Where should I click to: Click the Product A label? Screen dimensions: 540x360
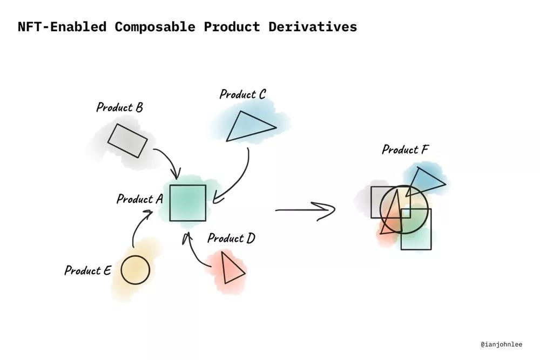tap(139, 199)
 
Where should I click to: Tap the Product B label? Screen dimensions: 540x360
tap(119, 107)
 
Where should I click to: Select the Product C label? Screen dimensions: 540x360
tap(243, 94)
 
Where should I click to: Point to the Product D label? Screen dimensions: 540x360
tap(231, 238)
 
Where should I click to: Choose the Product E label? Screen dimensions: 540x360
tap(88, 270)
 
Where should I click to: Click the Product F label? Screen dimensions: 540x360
tap(406, 150)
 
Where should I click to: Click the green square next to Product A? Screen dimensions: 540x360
tap(188, 203)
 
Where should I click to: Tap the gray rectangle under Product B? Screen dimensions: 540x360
tap(127, 141)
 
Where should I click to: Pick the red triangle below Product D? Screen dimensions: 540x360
tap(232, 268)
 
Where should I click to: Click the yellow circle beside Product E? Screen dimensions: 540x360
tap(136, 270)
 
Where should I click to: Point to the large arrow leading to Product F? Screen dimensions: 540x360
tap(305, 209)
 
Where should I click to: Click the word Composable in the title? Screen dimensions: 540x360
tap(155, 27)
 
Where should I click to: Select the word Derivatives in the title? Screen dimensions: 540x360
tap(313, 27)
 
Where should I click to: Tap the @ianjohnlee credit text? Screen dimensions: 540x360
tap(502, 344)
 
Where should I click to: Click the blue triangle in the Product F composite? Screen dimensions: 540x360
tap(426, 182)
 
